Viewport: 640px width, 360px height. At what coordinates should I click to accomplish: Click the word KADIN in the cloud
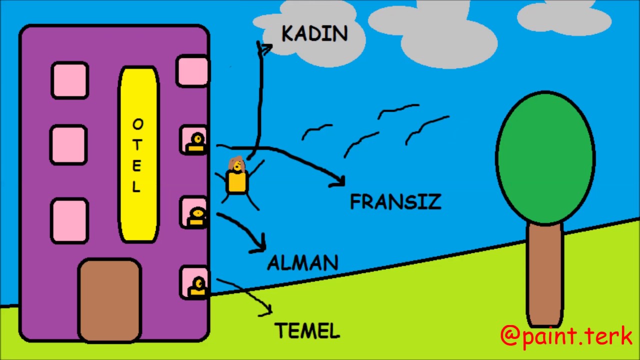pos(314,34)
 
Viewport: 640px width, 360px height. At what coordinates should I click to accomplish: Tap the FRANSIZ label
pos(395,202)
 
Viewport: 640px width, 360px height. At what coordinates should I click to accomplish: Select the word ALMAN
pos(303,263)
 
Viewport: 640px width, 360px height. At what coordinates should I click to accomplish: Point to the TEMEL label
pos(307,330)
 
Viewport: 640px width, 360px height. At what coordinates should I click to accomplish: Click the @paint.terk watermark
pos(566,336)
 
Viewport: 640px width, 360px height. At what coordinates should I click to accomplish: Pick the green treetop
pos(545,157)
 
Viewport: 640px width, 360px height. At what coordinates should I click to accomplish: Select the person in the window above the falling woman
pos(195,141)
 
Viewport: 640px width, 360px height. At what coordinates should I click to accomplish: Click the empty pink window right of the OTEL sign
pos(192,71)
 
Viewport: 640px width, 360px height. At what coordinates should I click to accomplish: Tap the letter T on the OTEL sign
pos(137,143)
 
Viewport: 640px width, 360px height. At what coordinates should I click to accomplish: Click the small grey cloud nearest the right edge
pos(564,18)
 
